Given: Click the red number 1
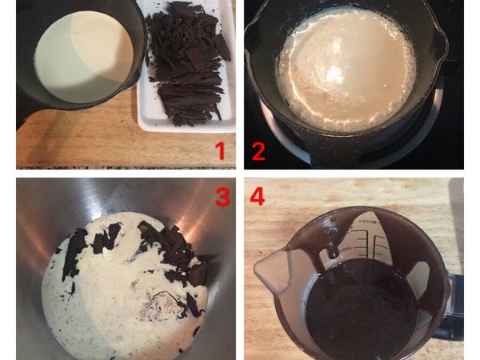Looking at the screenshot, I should (x=218, y=150).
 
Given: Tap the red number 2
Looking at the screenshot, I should (x=258, y=150).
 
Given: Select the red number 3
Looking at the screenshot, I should (x=222, y=197).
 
